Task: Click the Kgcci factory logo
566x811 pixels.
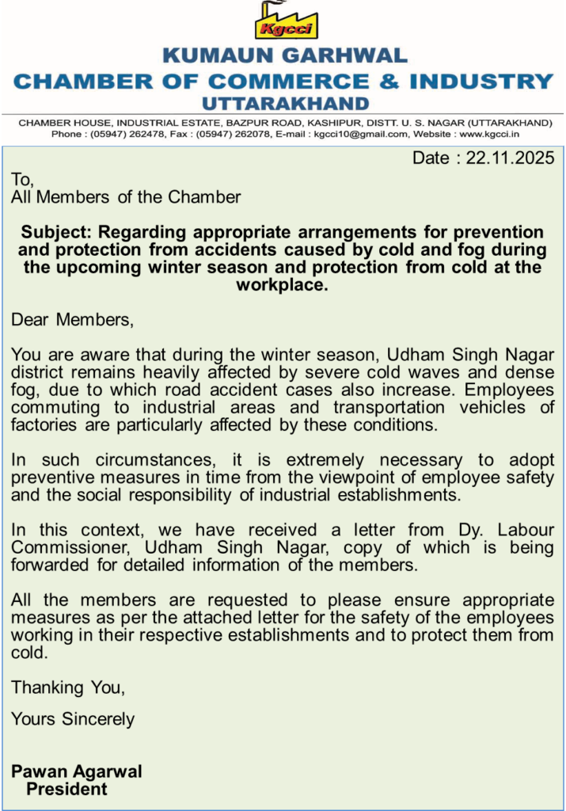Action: point(286,21)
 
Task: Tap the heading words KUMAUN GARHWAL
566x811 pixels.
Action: point(285,56)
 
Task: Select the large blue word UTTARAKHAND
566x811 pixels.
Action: point(285,104)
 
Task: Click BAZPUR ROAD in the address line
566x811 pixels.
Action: point(264,124)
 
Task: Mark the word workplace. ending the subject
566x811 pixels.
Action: point(282,285)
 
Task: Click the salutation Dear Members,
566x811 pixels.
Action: point(72,320)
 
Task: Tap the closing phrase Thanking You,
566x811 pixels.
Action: point(68,687)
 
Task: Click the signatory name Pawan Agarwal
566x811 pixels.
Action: point(77,771)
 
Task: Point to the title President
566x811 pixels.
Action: point(67,789)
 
